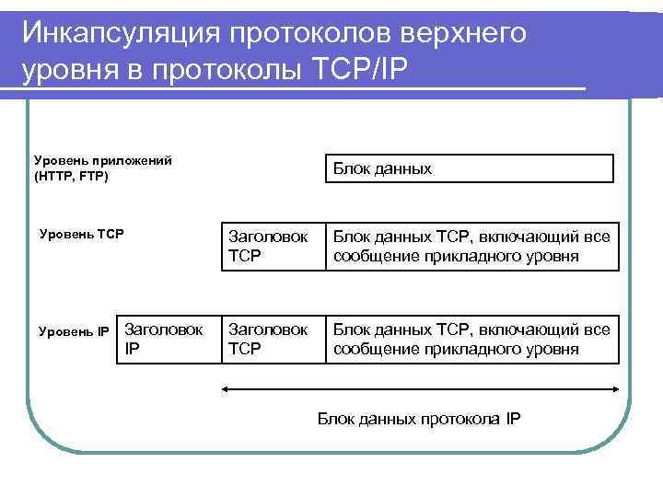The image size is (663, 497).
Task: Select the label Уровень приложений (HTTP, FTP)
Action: click(102, 168)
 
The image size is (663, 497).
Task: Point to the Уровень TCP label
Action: click(82, 234)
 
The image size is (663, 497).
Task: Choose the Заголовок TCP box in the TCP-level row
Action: click(272, 246)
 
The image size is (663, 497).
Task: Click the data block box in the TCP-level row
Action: click(470, 246)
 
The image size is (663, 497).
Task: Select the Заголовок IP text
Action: click(163, 338)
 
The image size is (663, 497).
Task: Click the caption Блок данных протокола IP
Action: click(419, 420)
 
